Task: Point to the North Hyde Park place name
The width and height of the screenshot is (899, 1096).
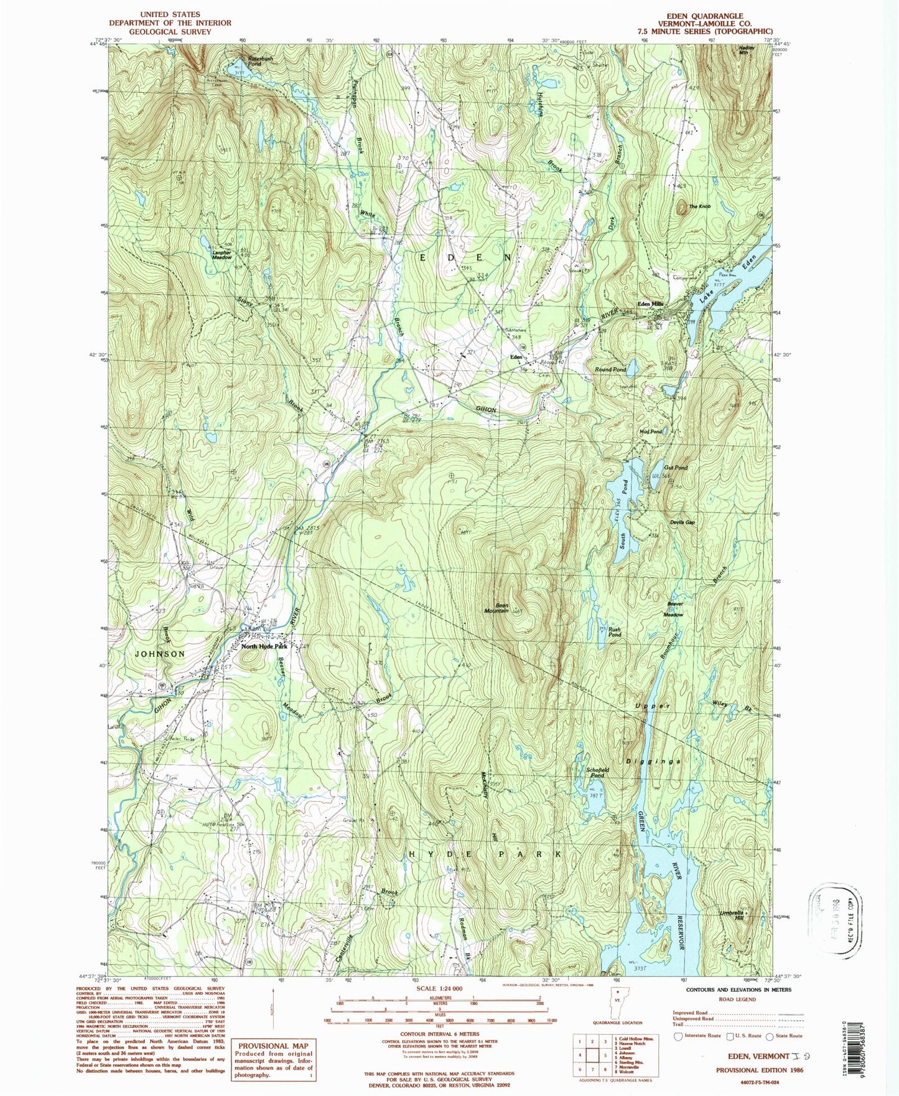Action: tap(264, 646)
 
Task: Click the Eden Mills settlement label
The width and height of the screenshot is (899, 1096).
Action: tap(650, 304)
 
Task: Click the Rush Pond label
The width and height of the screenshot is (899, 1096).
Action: tap(615, 631)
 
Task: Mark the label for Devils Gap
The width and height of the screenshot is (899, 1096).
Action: tap(682, 522)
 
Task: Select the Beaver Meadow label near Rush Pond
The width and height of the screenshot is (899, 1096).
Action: tap(675, 609)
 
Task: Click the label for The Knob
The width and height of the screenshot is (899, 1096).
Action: tap(699, 206)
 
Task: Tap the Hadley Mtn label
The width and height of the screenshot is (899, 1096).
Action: tap(747, 50)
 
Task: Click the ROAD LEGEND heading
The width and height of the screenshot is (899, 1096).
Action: tap(737, 999)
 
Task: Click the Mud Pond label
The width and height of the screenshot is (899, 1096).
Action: tap(651, 431)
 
